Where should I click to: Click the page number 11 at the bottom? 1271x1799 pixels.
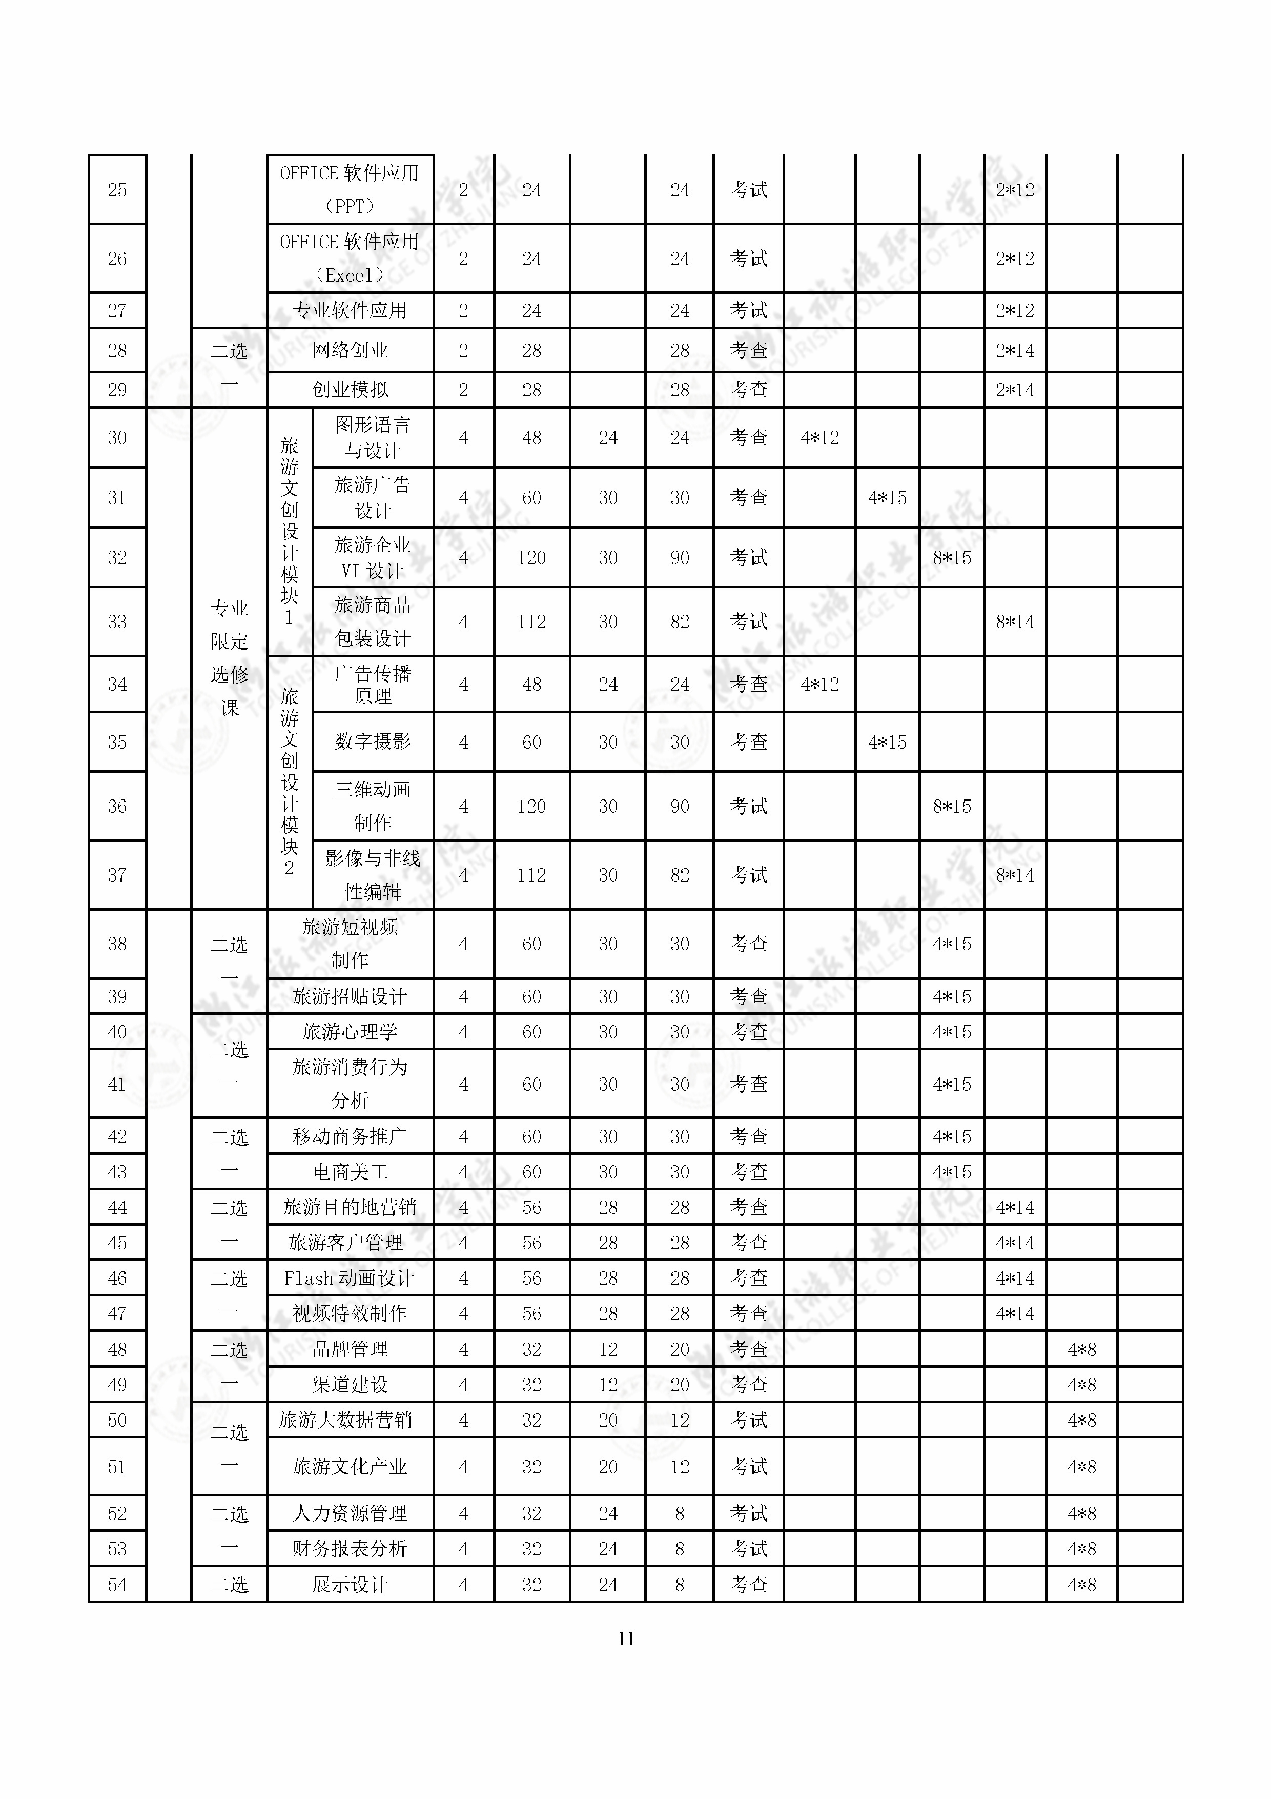click(626, 1638)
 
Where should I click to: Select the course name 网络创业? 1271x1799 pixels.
click(350, 350)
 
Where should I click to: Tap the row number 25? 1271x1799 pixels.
click(117, 190)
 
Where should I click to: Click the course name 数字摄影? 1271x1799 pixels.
click(373, 741)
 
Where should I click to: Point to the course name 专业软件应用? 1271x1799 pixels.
click(350, 310)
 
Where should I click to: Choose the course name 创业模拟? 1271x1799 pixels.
click(350, 389)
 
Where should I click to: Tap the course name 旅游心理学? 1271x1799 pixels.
click(350, 1032)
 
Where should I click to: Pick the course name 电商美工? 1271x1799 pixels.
click(350, 1172)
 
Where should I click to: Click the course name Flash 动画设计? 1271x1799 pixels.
click(350, 1278)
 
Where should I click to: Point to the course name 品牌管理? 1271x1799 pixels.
click(350, 1349)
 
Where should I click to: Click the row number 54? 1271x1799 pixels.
click(117, 1584)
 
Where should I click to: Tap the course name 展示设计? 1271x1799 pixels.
click(350, 1584)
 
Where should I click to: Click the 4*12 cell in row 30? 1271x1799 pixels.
click(819, 438)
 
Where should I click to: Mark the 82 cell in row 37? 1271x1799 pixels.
click(679, 875)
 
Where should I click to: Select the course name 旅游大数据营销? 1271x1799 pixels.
click(345, 1420)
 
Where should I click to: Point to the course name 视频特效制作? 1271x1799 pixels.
click(350, 1313)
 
